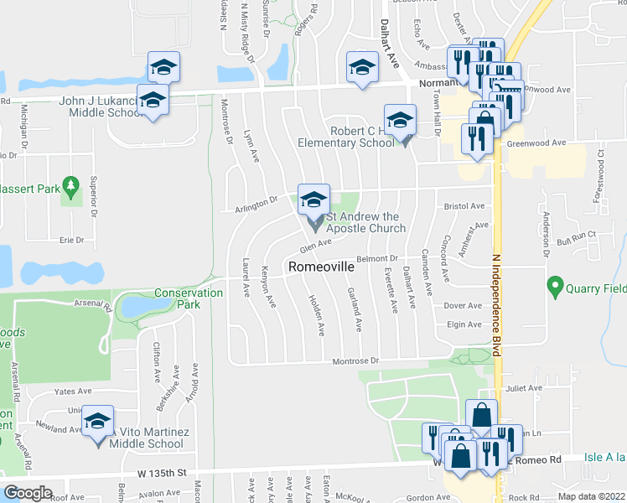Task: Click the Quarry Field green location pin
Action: coord(554,287)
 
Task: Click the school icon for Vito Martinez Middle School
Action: coord(98,421)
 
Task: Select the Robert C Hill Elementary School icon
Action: coord(401,119)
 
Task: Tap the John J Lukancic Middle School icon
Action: coord(153,101)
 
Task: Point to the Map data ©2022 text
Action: coord(591,496)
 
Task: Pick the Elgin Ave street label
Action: coord(464,324)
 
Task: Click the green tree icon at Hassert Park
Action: coord(71,184)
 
